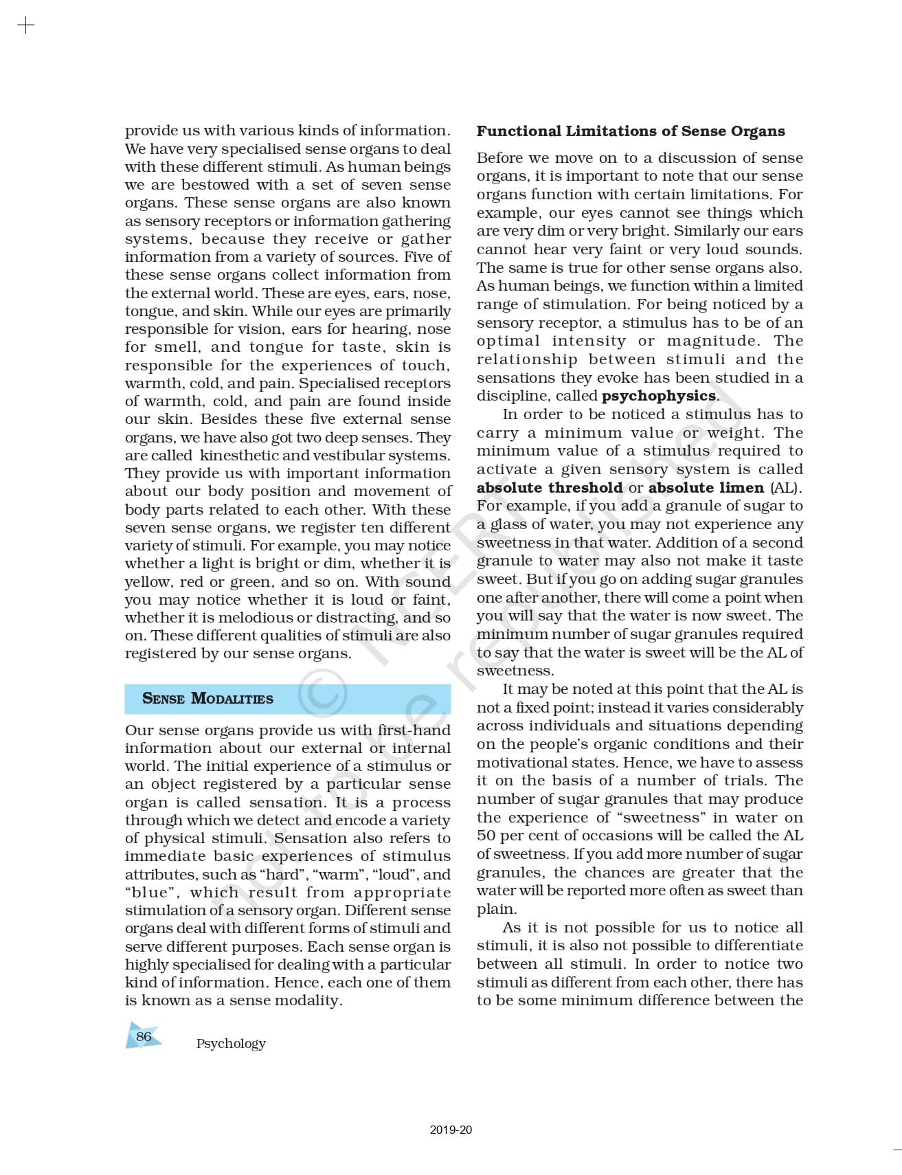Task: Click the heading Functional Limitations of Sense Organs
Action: (630, 131)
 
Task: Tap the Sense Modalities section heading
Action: (207, 698)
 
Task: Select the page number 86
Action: (144, 1036)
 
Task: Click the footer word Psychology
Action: (231, 1043)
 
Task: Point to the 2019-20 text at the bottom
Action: (451, 1130)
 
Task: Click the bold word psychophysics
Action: (658, 396)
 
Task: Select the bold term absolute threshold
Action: (550, 488)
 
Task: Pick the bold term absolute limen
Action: (706, 488)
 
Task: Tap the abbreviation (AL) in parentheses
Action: (785, 488)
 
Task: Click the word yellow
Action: (147, 582)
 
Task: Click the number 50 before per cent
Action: (486, 836)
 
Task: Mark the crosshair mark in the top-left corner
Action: (25, 26)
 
